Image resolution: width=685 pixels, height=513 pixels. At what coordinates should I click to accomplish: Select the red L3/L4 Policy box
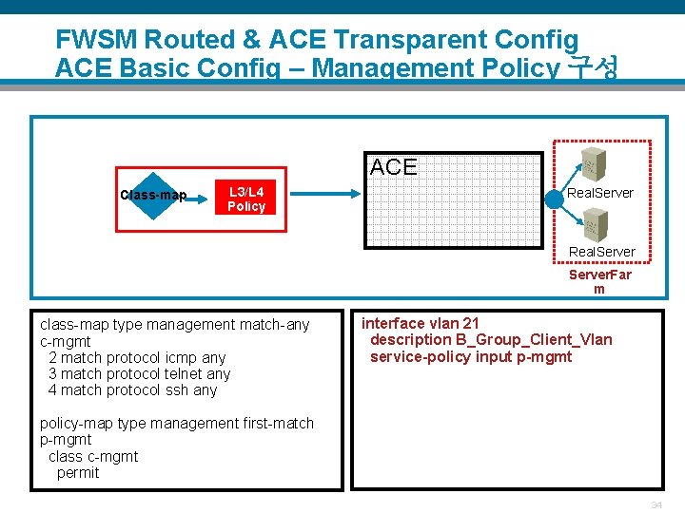(x=245, y=199)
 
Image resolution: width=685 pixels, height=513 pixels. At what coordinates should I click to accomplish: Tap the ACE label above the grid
(x=394, y=168)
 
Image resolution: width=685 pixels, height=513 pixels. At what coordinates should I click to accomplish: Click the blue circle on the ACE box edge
(x=555, y=199)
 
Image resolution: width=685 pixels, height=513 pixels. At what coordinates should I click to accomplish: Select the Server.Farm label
(x=599, y=281)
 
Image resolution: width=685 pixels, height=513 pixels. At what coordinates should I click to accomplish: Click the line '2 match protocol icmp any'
(x=137, y=357)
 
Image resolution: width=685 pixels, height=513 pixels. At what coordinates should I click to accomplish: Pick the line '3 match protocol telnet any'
(x=139, y=373)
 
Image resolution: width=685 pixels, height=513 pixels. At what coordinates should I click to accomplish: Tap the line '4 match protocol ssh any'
(x=132, y=389)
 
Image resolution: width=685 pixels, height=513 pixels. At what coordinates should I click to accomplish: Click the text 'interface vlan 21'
(x=420, y=323)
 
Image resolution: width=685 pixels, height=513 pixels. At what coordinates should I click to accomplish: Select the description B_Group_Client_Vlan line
(x=491, y=339)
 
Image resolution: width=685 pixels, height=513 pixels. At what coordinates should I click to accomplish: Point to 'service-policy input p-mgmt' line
(x=471, y=356)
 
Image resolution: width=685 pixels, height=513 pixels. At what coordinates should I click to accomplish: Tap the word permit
(x=78, y=472)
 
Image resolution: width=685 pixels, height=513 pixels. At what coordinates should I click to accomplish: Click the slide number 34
(x=656, y=503)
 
